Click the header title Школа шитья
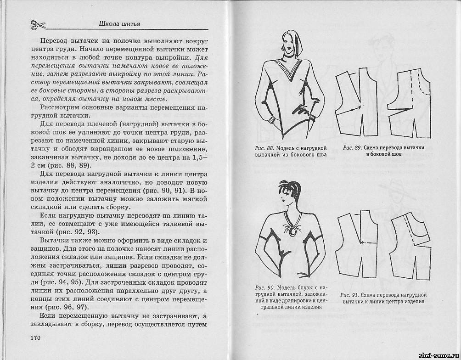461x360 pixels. (x=119, y=23)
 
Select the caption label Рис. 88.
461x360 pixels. (x=264, y=148)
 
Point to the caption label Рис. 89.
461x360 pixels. (x=352, y=148)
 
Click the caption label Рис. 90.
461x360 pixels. (x=265, y=287)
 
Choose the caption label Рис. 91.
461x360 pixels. (x=349, y=294)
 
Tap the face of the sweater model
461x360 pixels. (x=289, y=46)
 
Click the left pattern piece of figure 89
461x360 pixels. (x=356, y=105)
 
